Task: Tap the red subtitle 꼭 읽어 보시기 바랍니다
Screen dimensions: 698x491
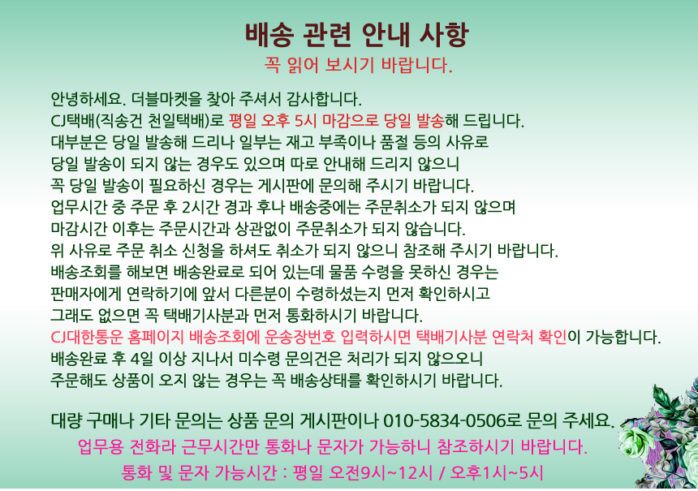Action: (x=359, y=66)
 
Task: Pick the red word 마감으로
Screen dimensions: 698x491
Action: (x=351, y=121)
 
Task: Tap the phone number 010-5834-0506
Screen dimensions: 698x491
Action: (x=445, y=420)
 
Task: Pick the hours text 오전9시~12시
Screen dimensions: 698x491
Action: (x=380, y=473)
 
